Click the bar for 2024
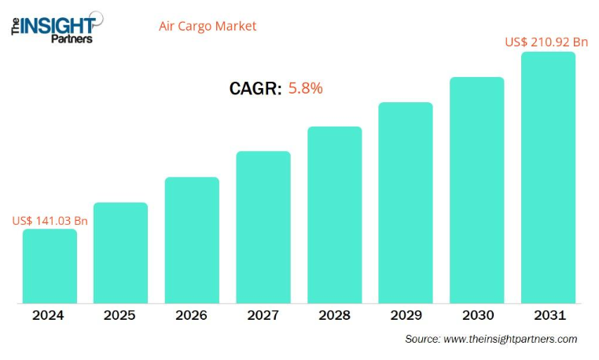[x=50, y=266]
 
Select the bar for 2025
[x=120, y=252]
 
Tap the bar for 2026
[x=192, y=240]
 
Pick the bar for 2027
[x=263, y=227]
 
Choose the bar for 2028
[x=335, y=215]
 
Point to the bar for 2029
[x=406, y=203]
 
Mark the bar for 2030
[x=476, y=190]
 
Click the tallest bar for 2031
[x=548, y=178]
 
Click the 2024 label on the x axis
[x=49, y=315]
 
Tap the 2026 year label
[x=192, y=315]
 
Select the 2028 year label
[x=335, y=315]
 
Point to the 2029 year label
[x=406, y=315]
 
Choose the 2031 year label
[x=548, y=315]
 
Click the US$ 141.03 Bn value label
[x=50, y=221]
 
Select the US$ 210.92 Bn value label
[x=546, y=42]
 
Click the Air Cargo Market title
[x=208, y=26]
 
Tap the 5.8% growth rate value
[x=306, y=88]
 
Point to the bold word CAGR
[x=255, y=89]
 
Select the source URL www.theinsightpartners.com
[x=510, y=339]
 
